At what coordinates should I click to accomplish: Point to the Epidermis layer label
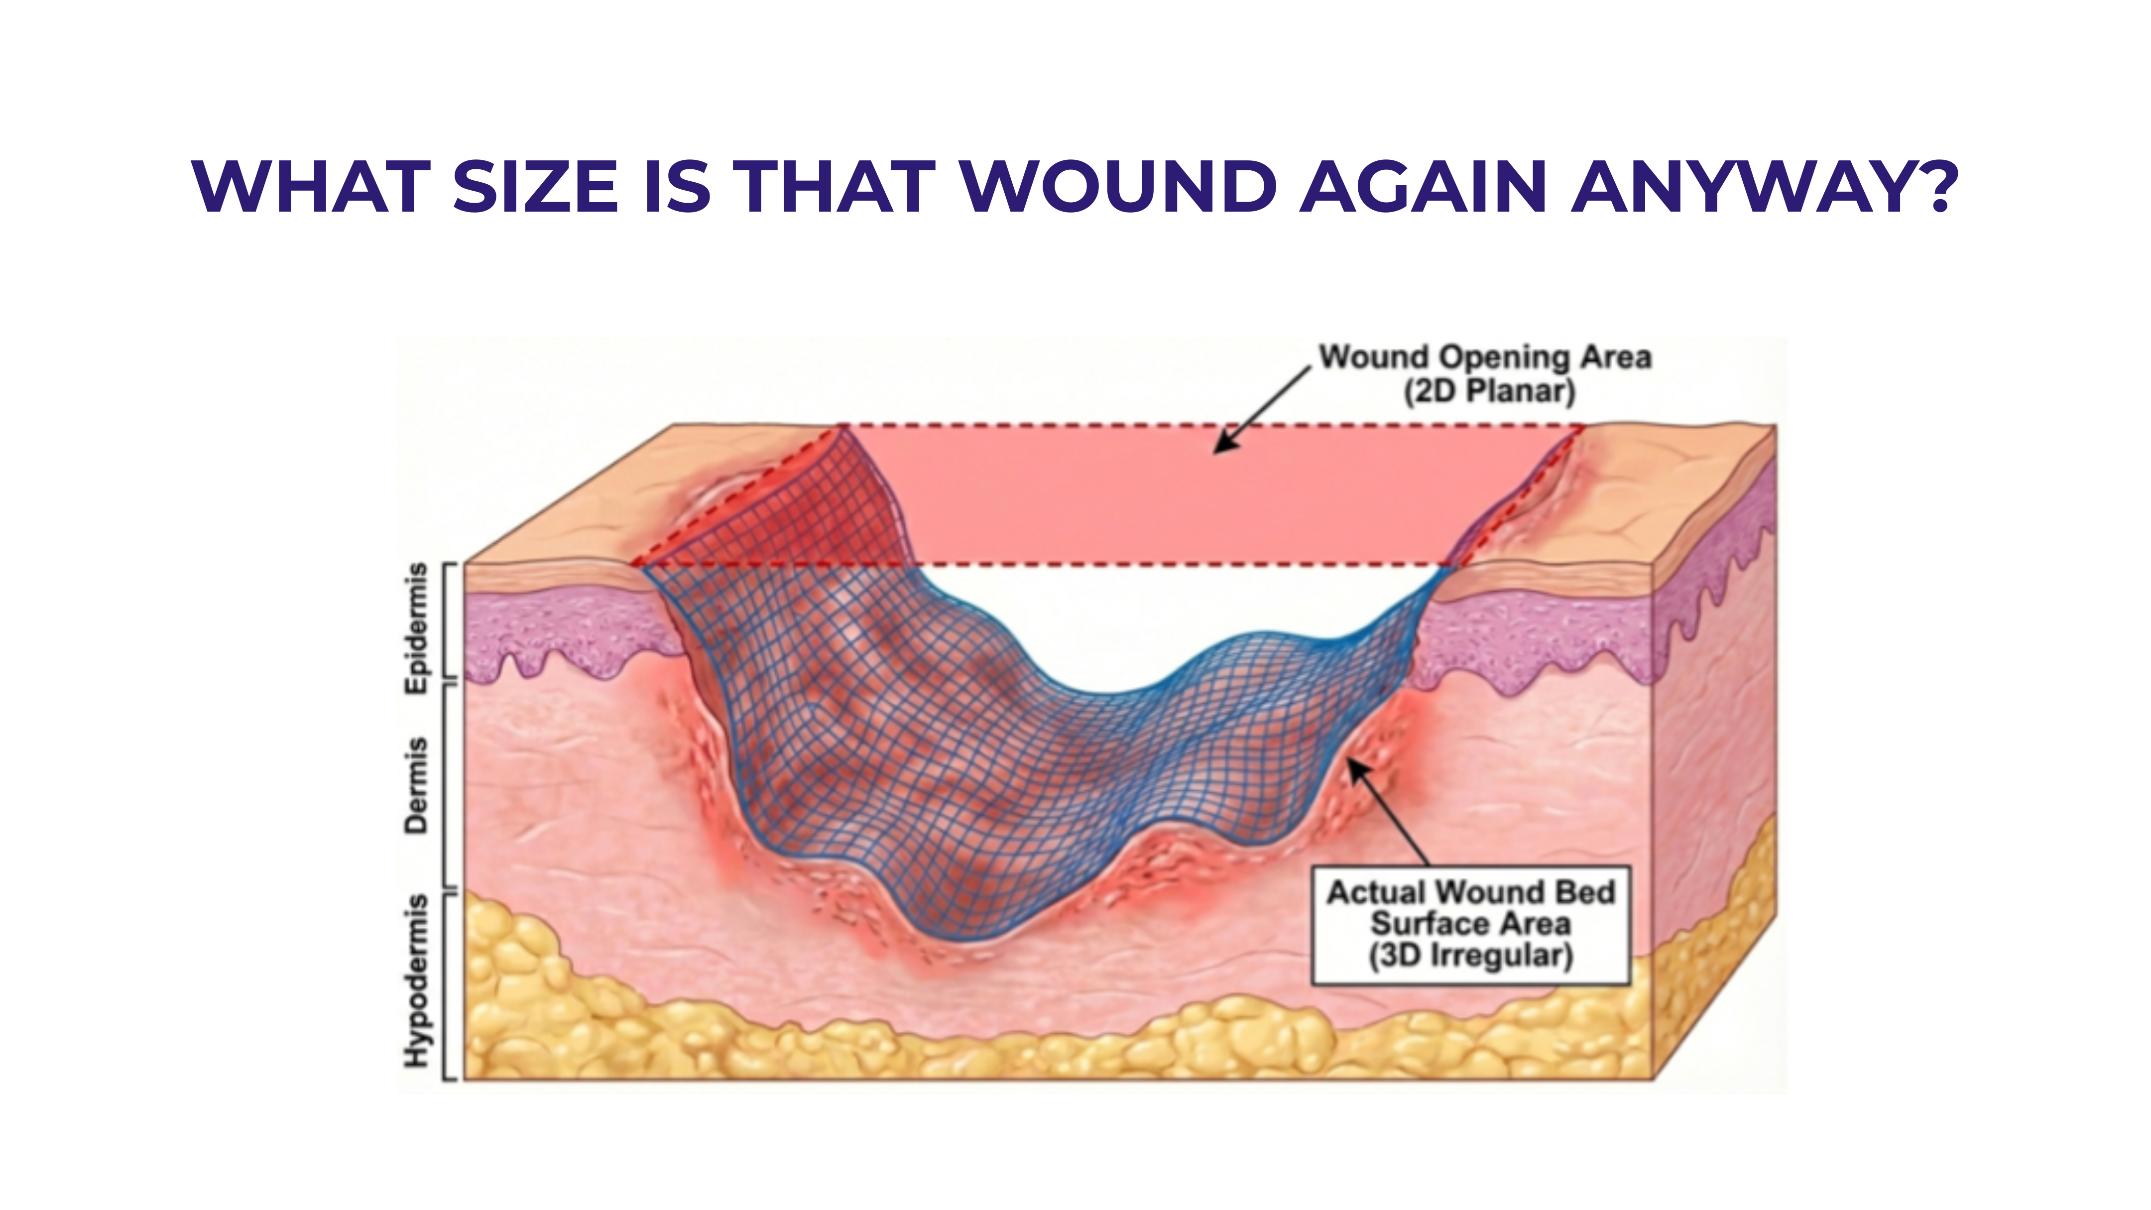(x=416, y=628)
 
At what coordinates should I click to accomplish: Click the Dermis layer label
(x=416, y=785)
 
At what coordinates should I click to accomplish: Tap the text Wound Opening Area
(x=1485, y=358)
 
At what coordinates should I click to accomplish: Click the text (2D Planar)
(x=1489, y=391)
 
